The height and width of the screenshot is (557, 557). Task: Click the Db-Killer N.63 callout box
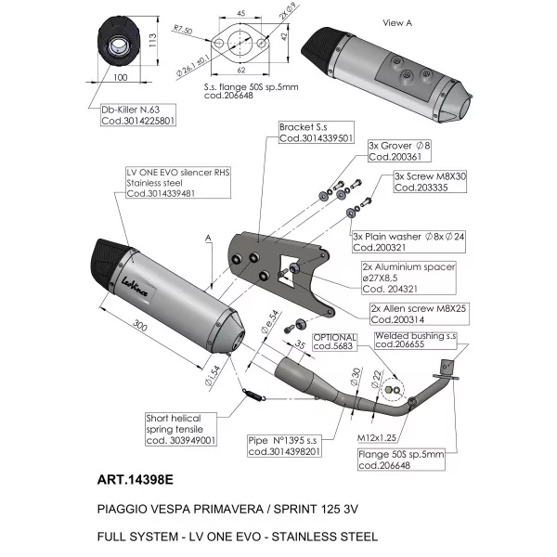[x=138, y=115]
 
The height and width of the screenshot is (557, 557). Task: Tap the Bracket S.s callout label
[x=317, y=133]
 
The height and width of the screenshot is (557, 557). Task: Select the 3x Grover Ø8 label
[x=399, y=151]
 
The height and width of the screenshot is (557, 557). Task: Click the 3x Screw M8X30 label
[x=430, y=182]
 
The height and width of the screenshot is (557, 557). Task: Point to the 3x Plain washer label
[x=408, y=242]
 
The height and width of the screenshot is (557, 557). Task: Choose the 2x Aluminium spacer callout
[x=408, y=278]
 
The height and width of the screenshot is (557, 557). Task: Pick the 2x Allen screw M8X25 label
[x=420, y=314]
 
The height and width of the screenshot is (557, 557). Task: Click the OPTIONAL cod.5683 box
[x=334, y=342]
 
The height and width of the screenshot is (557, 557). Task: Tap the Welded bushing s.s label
[x=416, y=340]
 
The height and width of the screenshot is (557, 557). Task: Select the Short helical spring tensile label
[x=181, y=429]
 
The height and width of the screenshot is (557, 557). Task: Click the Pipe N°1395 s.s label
[x=285, y=446]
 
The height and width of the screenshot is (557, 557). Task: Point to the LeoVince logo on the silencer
[x=135, y=288]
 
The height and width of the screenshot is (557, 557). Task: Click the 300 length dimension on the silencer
[x=140, y=325]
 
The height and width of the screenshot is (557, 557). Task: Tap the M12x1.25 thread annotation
[x=377, y=438]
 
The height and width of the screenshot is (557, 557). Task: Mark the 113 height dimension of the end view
[x=152, y=41]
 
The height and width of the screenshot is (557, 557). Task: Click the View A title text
[x=397, y=23]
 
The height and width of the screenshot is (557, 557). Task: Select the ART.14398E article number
[x=135, y=480]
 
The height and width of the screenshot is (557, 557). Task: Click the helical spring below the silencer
[x=253, y=395]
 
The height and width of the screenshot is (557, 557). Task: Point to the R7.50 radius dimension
[x=183, y=30]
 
